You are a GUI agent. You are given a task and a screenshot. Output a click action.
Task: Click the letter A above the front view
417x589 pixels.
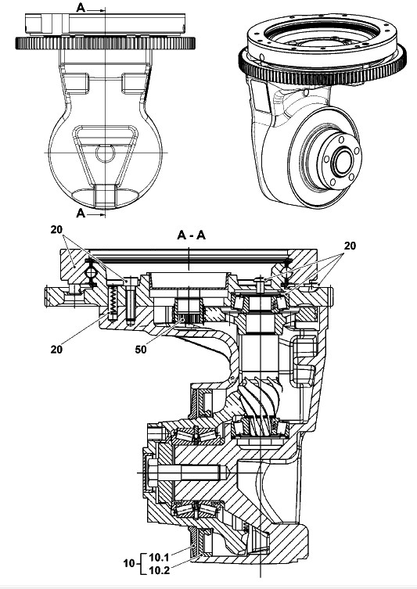point(81,7)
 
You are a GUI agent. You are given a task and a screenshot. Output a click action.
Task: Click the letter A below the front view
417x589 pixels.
point(81,213)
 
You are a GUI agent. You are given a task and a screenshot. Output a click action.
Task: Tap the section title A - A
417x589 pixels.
point(191,235)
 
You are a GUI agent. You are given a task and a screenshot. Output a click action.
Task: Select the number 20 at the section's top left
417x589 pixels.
point(56,229)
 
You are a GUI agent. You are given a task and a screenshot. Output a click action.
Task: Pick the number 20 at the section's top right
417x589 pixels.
point(350,246)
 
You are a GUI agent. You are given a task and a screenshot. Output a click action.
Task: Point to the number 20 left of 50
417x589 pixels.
point(56,350)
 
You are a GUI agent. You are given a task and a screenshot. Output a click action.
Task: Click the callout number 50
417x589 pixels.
point(141,350)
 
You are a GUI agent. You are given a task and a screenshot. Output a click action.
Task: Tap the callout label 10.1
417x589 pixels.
point(160,557)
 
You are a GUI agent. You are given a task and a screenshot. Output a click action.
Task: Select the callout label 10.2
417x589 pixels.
point(160,570)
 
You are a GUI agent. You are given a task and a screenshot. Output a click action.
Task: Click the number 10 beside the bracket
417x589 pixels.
point(129,563)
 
